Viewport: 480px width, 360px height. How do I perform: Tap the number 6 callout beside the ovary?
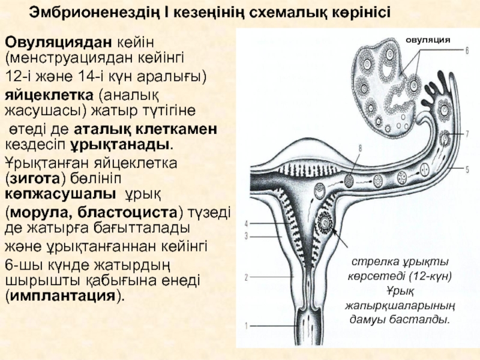tap(466, 52)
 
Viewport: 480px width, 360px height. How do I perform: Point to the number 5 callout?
tap(466, 170)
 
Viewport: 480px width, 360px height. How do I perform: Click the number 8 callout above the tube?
tap(360, 147)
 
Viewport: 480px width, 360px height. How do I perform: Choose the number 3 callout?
tap(245, 236)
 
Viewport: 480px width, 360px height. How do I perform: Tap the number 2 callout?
tap(245, 277)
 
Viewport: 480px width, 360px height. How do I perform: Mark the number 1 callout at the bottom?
tap(245, 326)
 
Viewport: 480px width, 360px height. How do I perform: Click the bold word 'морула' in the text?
tap(35, 212)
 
